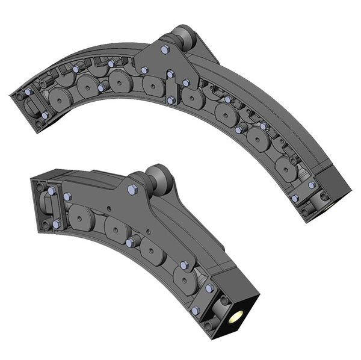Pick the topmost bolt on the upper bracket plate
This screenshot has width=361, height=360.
coord(164,49)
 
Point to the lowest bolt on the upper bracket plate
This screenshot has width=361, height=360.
coord(171,100)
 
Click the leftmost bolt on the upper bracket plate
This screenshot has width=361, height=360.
coord(144,70)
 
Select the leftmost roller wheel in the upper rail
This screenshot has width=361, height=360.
coord(61,97)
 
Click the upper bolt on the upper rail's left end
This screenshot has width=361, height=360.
coord(28,92)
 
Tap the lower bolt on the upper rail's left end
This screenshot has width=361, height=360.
coord(45,114)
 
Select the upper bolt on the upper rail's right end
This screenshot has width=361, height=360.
coord(311,185)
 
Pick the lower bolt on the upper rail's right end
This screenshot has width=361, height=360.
coord(294,198)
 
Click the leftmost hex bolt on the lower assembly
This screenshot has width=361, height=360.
coord(52,191)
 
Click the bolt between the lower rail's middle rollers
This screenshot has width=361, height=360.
coord(131,242)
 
